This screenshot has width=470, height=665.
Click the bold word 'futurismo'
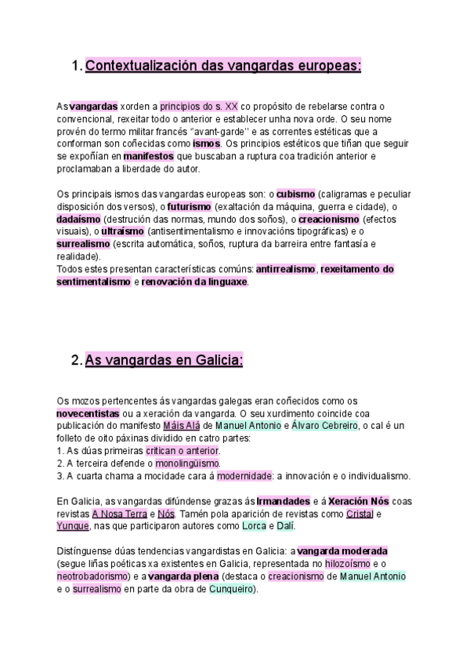(x=189, y=207)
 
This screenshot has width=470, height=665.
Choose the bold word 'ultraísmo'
(x=121, y=232)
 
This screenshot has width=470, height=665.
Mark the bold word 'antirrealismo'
(x=286, y=269)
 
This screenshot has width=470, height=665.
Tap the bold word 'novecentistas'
(x=88, y=412)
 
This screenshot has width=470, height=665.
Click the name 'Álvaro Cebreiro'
(x=324, y=425)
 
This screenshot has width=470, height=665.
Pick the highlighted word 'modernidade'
(x=244, y=475)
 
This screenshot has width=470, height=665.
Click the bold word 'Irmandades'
(x=283, y=501)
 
